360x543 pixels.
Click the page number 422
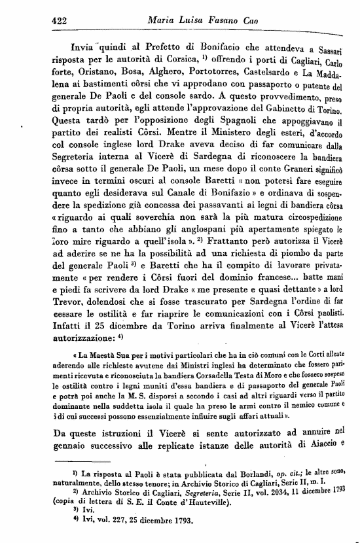click(x=61, y=20)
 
